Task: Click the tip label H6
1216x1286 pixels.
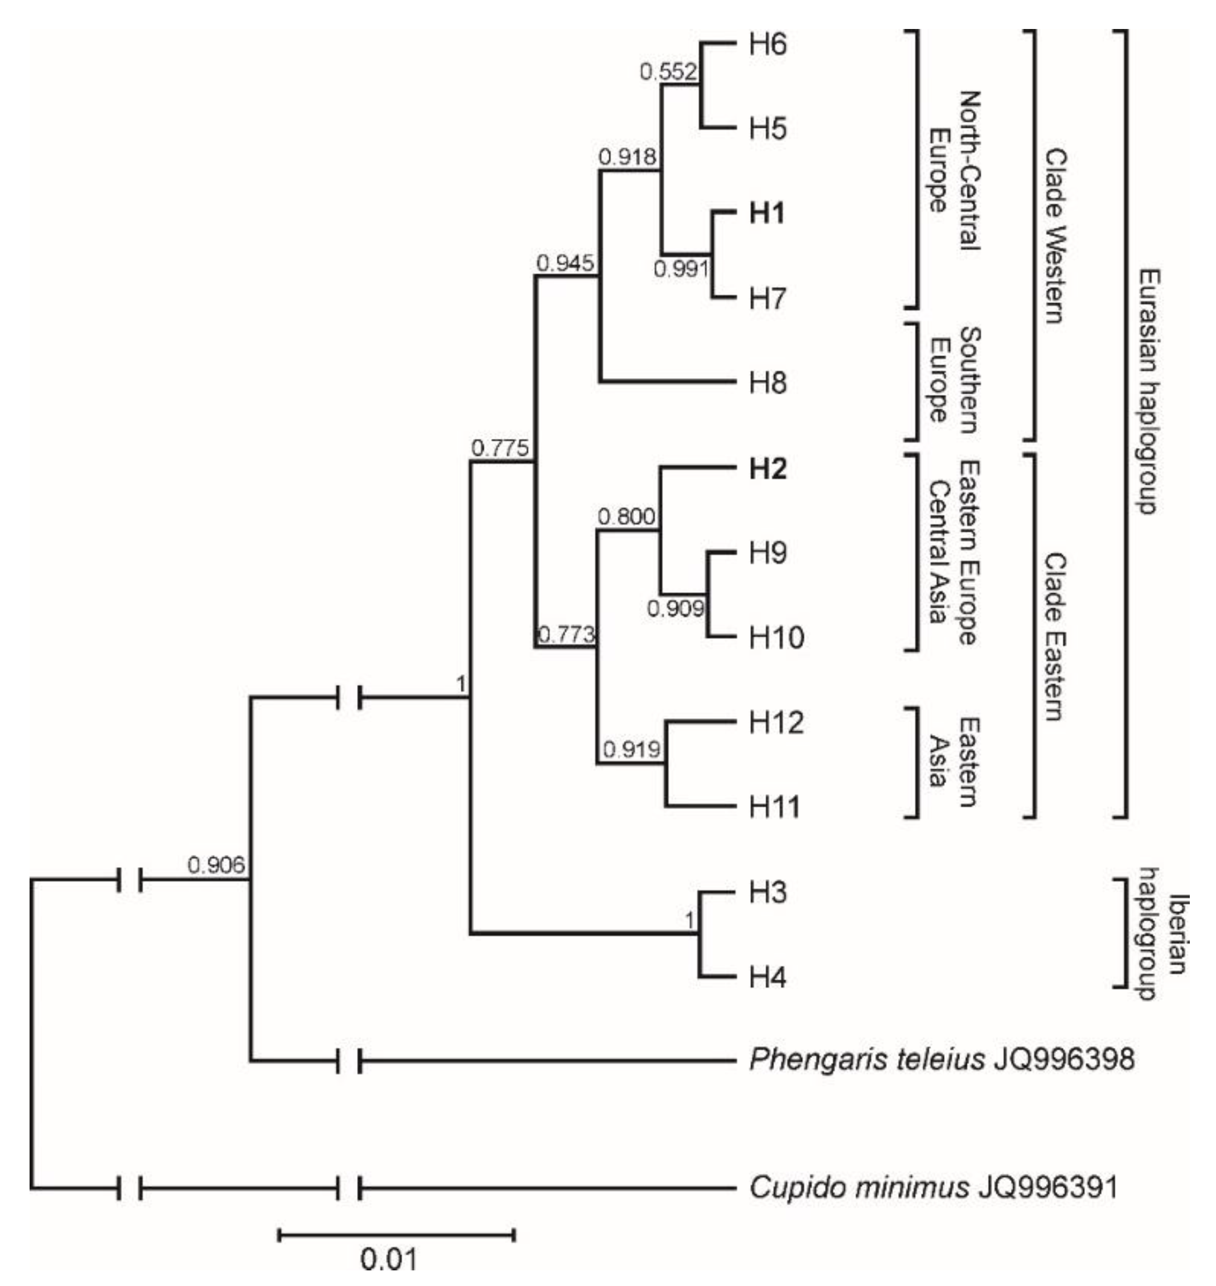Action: click(768, 45)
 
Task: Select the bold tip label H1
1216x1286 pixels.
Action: click(767, 213)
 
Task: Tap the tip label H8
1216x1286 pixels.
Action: click(768, 383)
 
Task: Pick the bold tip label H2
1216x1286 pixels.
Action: click(768, 468)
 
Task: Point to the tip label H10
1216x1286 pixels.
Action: click(776, 638)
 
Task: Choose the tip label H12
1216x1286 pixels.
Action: click(776, 722)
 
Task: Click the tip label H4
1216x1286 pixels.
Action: click(768, 977)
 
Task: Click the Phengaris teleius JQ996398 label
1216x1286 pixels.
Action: click(941, 1060)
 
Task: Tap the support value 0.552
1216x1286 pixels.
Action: click(668, 72)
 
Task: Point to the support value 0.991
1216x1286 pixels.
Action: click(681, 268)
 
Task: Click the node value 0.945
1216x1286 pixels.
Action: click(564, 263)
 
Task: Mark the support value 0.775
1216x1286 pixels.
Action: click(500, 448)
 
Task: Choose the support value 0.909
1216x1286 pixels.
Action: click(675, 608)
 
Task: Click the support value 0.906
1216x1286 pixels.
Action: click(216, 865)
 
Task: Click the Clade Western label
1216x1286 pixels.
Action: click(1055, 236)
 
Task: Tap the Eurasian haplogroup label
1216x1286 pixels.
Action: click(1149, 391)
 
